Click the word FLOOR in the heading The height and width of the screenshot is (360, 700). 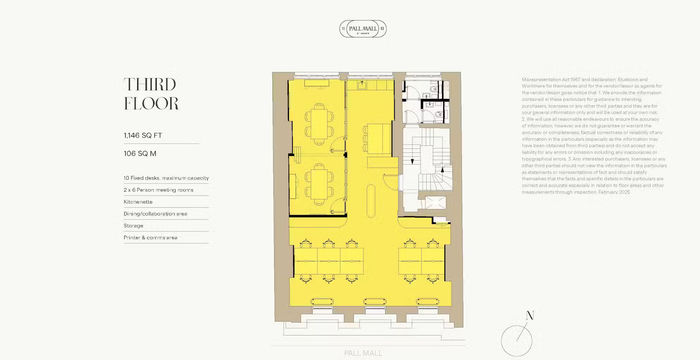(151, 102)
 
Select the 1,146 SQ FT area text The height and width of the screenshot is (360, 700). (146, 134)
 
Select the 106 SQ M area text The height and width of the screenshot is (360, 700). (142, 155)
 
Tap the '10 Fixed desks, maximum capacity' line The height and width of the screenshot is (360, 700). (166, 177)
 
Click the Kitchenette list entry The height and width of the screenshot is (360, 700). (138, 201)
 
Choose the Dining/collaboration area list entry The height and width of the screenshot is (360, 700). (161, 213)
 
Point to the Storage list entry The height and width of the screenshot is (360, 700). (134, 225)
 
